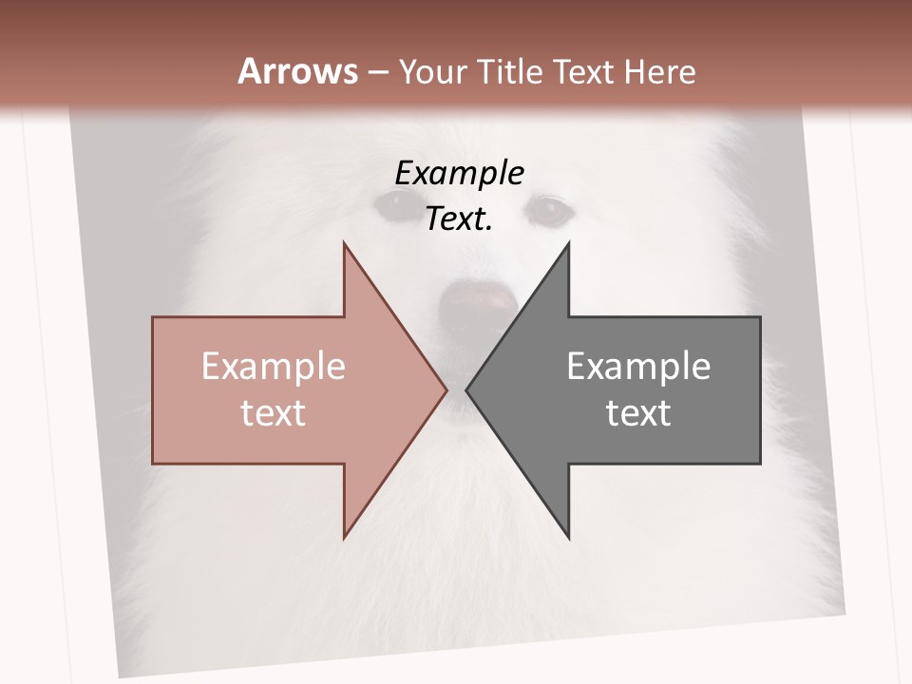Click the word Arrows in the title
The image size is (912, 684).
[x=298, y=71]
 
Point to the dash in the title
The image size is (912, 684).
[x=377, y=72]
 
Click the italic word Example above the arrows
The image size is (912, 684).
[x=459, y=173]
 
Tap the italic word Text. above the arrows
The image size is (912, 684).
[x=459, y=219]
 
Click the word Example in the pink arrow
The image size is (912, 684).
[x=274, y=366]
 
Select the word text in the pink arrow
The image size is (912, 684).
[x=274, y=412]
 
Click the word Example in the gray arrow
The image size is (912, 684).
[x=638, y=366]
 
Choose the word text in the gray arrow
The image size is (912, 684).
[x=638, y=412]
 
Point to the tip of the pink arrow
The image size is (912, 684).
[x=446, y=389]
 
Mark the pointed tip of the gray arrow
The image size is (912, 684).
[x=466, y=389]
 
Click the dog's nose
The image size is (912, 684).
[x=478, y=301]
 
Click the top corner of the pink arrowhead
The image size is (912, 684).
[x=344, y=243]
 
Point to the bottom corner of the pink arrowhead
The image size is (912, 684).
[x=344, y=538]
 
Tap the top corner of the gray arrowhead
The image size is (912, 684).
[x=568, y=243]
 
